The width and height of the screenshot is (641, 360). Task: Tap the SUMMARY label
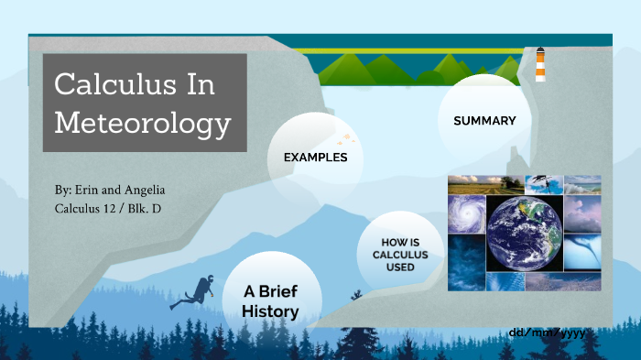pos(484,121)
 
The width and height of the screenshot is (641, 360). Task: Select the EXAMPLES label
pos(315,158)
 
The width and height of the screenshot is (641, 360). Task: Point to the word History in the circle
pos(270,311)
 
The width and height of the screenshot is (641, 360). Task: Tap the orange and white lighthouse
pos(540,66)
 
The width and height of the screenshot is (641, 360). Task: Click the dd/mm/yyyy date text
pos(546,332)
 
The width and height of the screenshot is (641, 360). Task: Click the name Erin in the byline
pos(90,191)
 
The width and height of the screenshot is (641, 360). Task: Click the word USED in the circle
pos(400,267)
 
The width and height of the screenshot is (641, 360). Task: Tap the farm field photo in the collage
pos(465,184)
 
